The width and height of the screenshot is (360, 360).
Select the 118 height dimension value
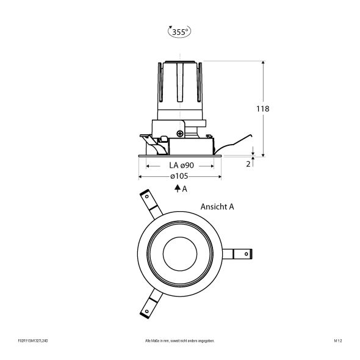262,109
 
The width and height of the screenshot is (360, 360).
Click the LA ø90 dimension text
180,165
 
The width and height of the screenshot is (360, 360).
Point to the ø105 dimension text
180,176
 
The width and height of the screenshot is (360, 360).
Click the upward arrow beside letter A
176,189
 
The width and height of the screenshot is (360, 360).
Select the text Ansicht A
217,207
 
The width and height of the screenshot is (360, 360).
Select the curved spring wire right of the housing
235,142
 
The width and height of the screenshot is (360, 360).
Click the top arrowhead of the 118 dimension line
262,63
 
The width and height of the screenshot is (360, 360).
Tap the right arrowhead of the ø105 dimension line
219,176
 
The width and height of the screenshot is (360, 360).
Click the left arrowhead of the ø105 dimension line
141,176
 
